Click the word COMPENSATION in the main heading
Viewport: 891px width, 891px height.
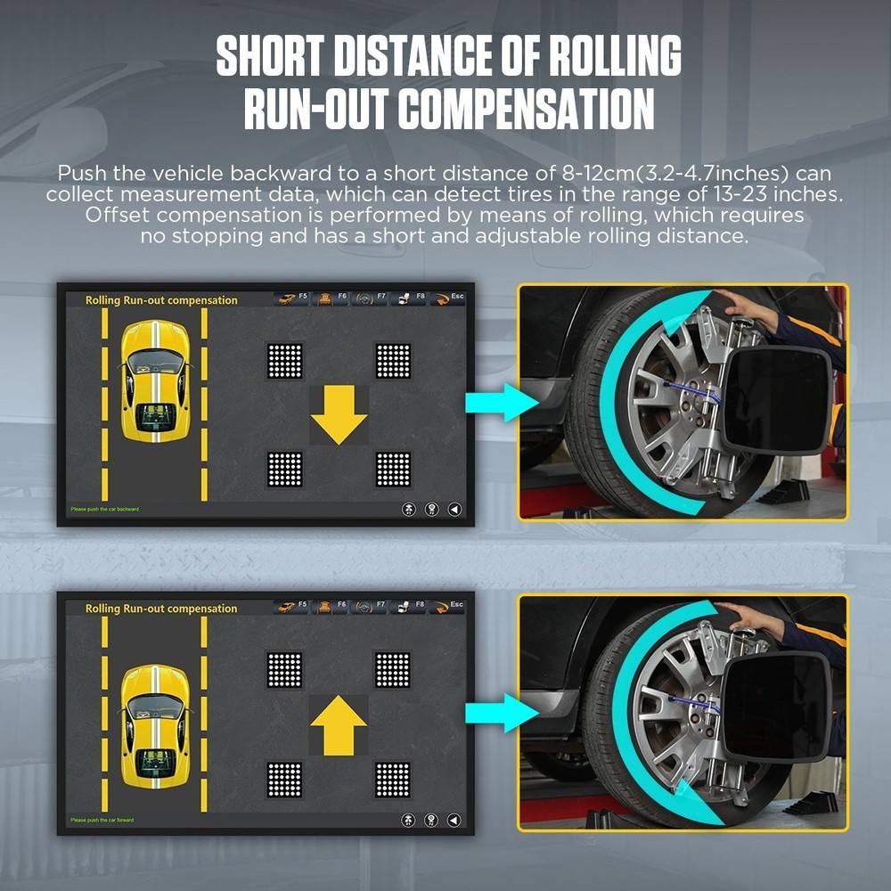pyautogui.click(x=526, y=110)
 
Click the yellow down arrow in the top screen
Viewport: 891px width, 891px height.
pyautogui.click(x=339, y=415)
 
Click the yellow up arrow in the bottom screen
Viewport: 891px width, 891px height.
pyautogui.click(x=339, y=723)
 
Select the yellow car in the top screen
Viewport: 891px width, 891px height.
pyautogui.click(x=155, y=381)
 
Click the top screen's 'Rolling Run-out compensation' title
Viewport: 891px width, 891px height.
pyautogui.click(x=161, y=300)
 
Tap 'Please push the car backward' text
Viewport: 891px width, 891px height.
pyautogui.click(x=105, y=509)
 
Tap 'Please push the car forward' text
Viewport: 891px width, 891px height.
pyautogui.click(x=102, y=819)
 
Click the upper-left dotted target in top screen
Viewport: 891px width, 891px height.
pyautogui.click(x=285, y=360)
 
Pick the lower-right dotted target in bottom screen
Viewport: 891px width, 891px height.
pyautogui.click(x=392, y=778)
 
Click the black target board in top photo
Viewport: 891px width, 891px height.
pyautogui.click(x=775, y=397)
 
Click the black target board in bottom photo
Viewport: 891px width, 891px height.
pyautogui.click(x=775, y=707)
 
